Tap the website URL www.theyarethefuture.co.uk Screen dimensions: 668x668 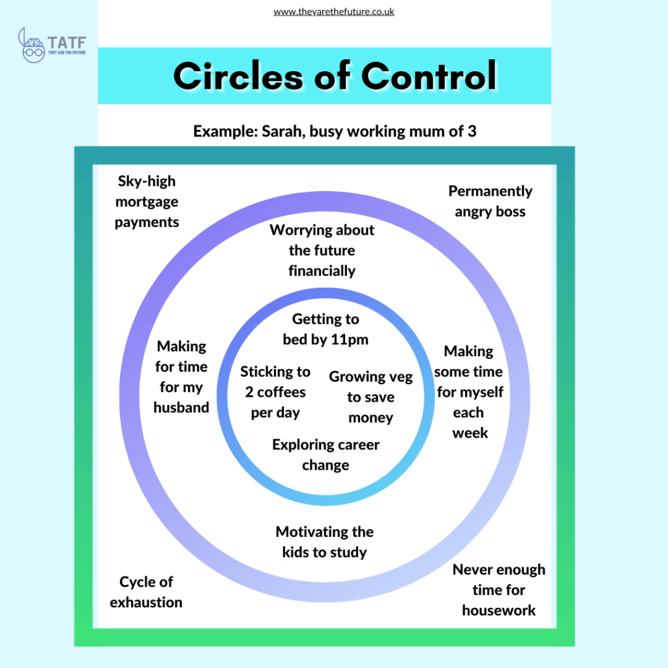[333, 12]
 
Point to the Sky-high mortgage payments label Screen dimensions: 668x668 [147, 202]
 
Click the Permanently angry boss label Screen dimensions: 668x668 [490, 202]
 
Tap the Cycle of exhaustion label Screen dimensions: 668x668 [146, 592]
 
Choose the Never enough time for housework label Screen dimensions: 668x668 [499, 590]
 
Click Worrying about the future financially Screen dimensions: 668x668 [322, 250]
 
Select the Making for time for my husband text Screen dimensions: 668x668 [181, 377]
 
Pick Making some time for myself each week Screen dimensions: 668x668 [470, 391]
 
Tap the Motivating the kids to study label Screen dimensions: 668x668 [324, 542]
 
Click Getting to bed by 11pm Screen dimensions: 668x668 [325, 329]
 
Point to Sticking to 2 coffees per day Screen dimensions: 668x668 [275, 392]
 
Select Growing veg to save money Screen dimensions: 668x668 [371, 397]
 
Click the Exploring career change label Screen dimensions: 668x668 [326, 455]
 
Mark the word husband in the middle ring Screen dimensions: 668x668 [181, 408]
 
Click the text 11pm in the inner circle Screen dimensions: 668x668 [349, 340]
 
